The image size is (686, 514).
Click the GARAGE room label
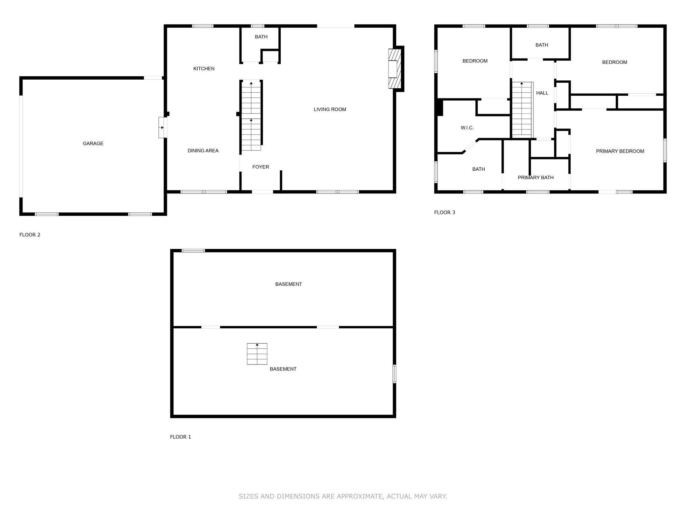(x=93, y=144)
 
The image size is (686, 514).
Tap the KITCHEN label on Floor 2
(x=204, y=69)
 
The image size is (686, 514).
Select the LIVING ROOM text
(x=330, y=109)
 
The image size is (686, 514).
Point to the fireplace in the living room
(x=394, y=69)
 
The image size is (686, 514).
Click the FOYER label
(x=261, y=167)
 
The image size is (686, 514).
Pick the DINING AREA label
(x=203, y=151)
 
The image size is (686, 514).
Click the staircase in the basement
(x=257, y=354)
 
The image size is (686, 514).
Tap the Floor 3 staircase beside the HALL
(x=522, y=109)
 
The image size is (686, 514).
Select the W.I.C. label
(x=467, y=128)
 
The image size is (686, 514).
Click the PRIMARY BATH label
(x=536, y=178)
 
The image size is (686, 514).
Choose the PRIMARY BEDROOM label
(x=620, y=151)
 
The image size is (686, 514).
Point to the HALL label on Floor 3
(x=542, y=93)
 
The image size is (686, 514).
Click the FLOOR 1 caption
(x=181, y=437)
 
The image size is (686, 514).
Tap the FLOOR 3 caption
(x=444, y=212)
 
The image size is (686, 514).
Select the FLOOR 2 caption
(x=30, y=235)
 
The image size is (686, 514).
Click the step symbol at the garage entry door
(x=162, y=127)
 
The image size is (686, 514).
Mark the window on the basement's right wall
(x=394, y=374)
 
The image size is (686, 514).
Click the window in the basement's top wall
(x=193, y=251)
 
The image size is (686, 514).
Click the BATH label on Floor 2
(x=261, y=37)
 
